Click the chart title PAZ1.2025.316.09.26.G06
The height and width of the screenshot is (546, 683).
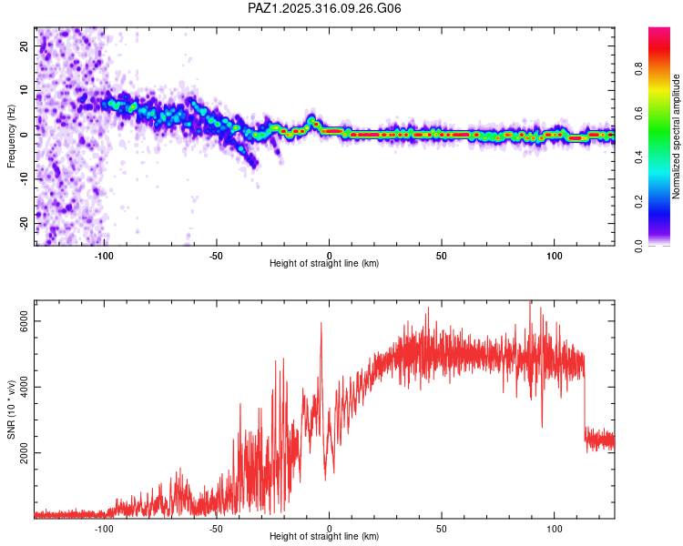pyautogui.click(x=325, y=8)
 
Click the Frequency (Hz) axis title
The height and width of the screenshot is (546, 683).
pyautogui.click(x=12, y=136)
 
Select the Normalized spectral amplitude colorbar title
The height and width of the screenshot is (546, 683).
pyautogui.click(x=676, y=136)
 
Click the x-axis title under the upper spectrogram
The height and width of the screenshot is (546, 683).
pyautogui.click(x=324, y=263)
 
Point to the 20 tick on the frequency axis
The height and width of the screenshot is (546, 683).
pyautogui.click(x=25, y=46)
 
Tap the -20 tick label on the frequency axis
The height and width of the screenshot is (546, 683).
pyautogui.click(x=25, y=223)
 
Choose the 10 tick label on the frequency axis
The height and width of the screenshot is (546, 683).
pyautogui.click(x=25, y=90)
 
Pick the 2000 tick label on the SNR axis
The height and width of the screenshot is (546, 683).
pyautogui.click(x=25, y=453)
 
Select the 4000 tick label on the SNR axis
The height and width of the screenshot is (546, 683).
pyautogui.click(x=25, y=388)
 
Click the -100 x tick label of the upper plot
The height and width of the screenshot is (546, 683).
pyautogui.click(x=105, y=255)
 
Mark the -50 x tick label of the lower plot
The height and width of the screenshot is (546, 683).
pyautogui.click(x=217, y=528)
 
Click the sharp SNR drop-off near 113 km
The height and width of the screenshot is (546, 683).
pyautogui.click(x=585, y=400)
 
